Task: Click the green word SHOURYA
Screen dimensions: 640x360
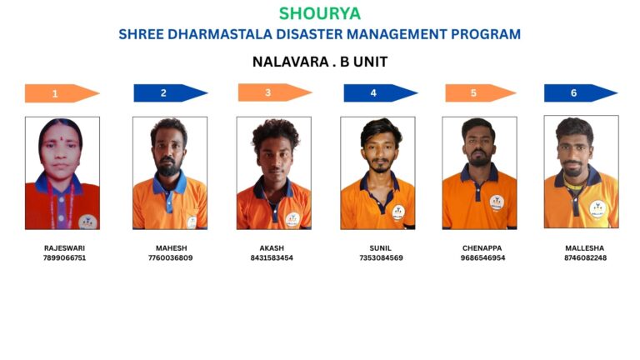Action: click(320, 13)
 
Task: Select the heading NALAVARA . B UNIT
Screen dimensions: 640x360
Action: click(320, 62)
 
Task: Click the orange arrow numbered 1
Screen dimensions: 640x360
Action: click(62, 93)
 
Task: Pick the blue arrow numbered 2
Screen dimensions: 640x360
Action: click(171, 93)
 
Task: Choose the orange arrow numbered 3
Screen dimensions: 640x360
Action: click(275, 92)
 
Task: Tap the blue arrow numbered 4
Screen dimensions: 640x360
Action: click(380, 93)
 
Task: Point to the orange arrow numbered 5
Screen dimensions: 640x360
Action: click(481, 93)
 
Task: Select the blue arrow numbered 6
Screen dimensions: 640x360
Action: click(581, 93)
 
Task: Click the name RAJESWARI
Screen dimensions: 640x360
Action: click(64, 248)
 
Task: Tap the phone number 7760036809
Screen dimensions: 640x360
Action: click(170, 258)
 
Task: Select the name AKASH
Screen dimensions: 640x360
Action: click(272, 248)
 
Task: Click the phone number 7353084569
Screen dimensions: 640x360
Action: click(381, 258)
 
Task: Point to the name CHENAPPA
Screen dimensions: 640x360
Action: click(482, 248)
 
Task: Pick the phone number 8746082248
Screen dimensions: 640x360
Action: click(585, 258)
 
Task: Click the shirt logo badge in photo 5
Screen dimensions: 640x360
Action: click(497, 202)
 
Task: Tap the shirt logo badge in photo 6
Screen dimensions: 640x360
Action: click(598, 209)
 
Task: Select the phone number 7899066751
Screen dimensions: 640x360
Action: click(64, 258)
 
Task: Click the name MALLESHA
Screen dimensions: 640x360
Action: click(584, 248)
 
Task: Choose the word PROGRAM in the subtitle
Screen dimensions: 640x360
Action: click(486, 34)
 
